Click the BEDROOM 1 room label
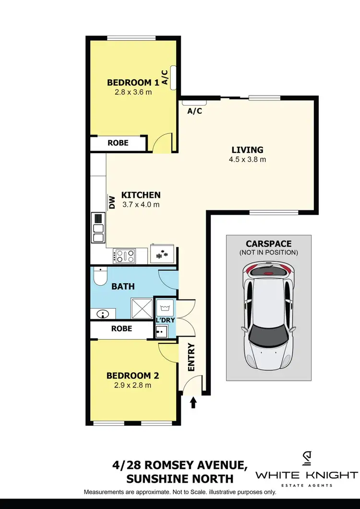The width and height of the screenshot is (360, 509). point(129,82)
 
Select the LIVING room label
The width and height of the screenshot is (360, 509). point(248,150)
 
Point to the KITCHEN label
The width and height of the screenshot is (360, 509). point(141,195)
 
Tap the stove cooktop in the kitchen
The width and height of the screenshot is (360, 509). point(124,255)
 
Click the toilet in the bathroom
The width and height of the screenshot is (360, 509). point(100,277)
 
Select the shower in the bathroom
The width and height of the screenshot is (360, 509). point(142,308)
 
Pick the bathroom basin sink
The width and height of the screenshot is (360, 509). point(103,314)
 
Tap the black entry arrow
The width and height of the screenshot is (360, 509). point(193,402)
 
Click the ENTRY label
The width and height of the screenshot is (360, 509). point(192,357)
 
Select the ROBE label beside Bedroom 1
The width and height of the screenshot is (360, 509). point(118,143)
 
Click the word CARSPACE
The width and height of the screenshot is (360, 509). point(268,243)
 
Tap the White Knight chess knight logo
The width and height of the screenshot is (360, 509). point(307,458)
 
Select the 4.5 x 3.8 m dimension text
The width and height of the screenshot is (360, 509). point(247,159)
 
